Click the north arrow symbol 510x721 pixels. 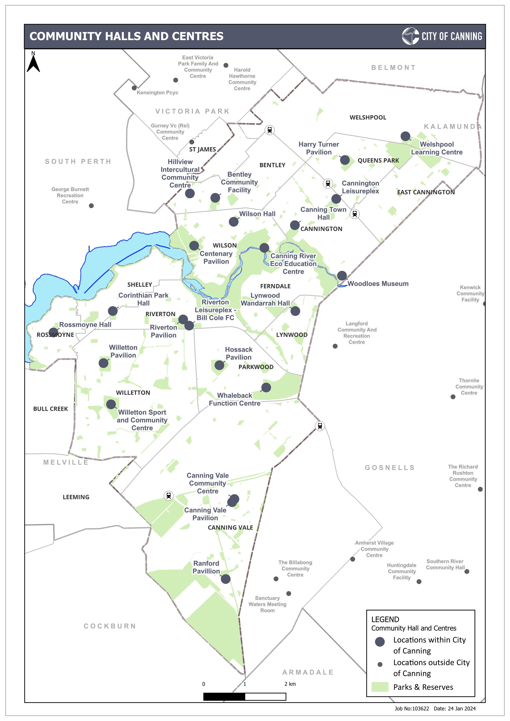click(x=33, y=63)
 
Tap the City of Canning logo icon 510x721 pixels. click(x=410, y=36)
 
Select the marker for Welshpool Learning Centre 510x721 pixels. click(x=405, y=136)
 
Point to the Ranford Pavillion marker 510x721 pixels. click(x=225, y=579)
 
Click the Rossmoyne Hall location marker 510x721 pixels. click(x=54, y=332)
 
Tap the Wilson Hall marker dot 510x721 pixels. click(x=233, y=222)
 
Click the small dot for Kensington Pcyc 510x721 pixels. click(x=134, y=88)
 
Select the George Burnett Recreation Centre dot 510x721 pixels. click(x=91, y=206)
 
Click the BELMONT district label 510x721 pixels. click(x=393, y=67)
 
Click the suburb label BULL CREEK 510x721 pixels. click(x=51, y=409)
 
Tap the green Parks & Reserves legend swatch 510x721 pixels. click(x=380, y=687)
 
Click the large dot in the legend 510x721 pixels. click(x=380, y=642)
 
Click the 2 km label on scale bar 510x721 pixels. click(x=290, y=684)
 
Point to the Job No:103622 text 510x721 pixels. click(x=411, y=708)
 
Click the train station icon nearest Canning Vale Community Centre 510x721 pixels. click(x=169, y=496)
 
